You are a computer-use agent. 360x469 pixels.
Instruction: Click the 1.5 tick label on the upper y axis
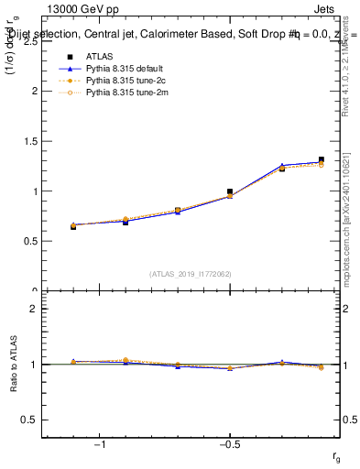pos(29,141)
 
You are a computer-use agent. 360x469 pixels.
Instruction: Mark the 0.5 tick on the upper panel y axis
pos(29,242)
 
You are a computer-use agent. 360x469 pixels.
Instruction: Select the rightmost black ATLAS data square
pos(321,160)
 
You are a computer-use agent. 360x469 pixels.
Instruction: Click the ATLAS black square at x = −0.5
pos(230,191)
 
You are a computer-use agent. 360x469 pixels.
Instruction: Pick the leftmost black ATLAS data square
pos(73,226)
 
